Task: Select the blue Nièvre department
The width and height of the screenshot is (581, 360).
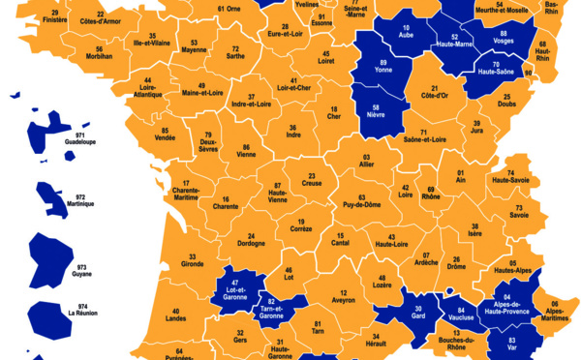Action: [374, 113]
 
